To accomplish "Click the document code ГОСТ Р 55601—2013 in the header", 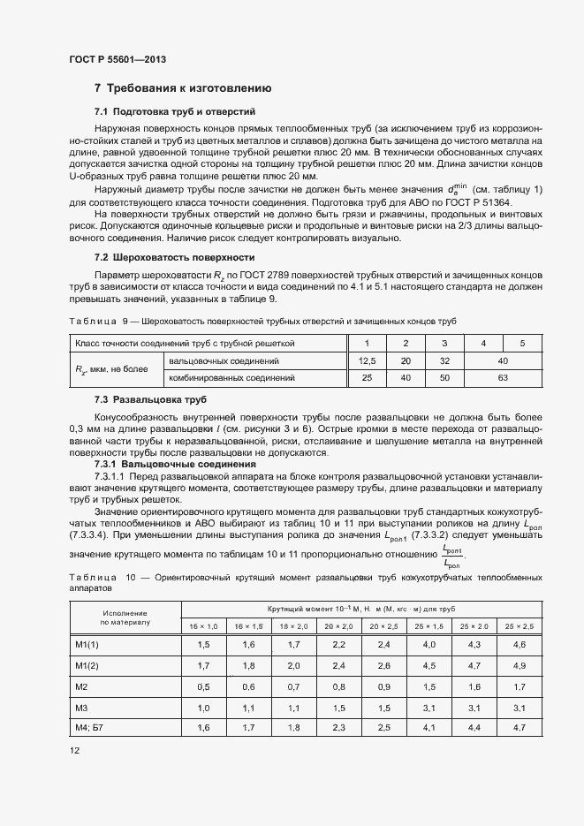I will point(117,59).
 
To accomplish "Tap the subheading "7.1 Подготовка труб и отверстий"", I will point(175,112).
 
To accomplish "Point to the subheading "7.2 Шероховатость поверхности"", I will point(174,257).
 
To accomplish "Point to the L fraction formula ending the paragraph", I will point(451,556).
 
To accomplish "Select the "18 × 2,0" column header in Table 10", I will point(293,625).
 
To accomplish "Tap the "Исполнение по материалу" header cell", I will point(125,618).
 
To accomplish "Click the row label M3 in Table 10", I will point(82,708).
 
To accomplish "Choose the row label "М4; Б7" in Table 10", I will point(89,727).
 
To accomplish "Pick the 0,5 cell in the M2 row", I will point(204,686).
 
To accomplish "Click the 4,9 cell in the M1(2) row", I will point(519,665).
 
